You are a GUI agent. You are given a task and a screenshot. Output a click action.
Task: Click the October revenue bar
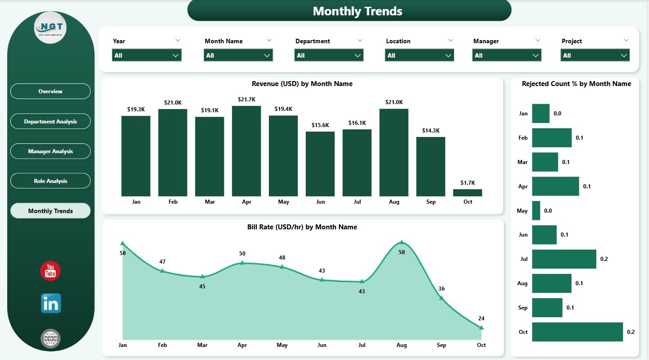(467, 192)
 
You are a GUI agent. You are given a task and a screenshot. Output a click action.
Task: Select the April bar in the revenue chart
(246, 151)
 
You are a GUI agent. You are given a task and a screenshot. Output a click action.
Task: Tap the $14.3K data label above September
(431, 131)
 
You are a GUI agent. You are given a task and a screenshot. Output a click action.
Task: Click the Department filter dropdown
(329, 55)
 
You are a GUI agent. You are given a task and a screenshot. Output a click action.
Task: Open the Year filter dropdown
(146, 55)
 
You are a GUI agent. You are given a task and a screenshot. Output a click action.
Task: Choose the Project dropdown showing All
(595, 55)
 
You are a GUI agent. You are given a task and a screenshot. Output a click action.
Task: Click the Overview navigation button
(50, 91)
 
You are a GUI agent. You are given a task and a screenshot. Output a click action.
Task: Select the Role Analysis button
(50, 181)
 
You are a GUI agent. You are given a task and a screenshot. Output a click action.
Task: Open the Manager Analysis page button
(50, 151)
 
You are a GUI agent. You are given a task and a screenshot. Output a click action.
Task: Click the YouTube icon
(50, 271)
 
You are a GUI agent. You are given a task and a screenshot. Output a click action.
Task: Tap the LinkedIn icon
(50, 303)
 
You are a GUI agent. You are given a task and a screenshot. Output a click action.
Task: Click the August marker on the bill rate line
(402, 242)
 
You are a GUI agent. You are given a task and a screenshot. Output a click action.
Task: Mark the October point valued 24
(481, 328)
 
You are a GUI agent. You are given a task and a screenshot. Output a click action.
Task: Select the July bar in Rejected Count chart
(564, 259)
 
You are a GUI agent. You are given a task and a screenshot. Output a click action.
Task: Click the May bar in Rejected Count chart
(536, 210)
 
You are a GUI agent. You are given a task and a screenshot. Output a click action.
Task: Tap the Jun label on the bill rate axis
(322, 345)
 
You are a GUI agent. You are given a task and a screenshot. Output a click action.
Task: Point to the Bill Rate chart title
(302, 227)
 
